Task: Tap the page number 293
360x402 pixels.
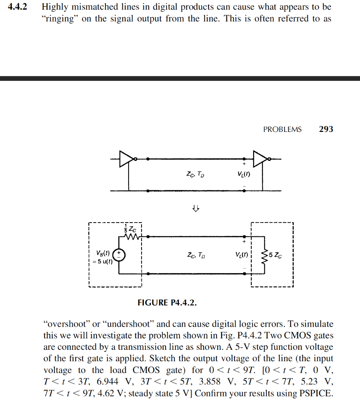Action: click(x=326, y=129)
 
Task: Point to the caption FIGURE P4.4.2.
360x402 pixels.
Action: click(x=167, y=303)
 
